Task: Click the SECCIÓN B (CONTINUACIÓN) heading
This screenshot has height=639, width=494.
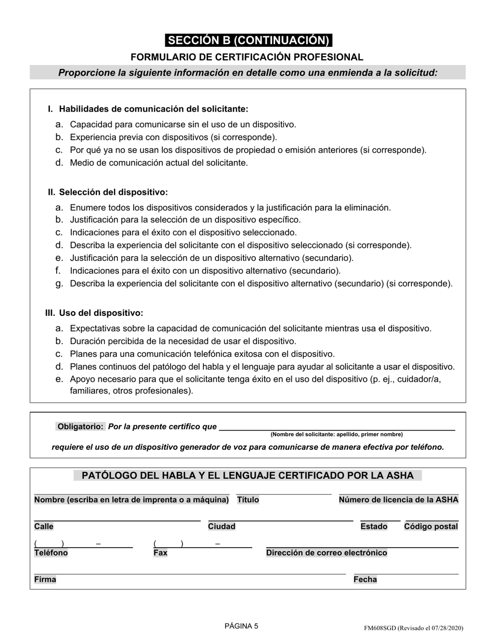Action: point(248,41)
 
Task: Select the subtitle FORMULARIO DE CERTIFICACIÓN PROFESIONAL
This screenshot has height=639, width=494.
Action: point(247,57)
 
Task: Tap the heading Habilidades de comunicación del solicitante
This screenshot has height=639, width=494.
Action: point(153,109)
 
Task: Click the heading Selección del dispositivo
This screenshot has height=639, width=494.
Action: point(113,192)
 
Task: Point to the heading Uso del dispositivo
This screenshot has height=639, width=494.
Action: point(101,313)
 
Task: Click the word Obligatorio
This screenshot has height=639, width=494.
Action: point(81,427)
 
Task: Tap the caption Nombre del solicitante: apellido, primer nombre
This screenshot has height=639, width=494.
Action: point(336,434)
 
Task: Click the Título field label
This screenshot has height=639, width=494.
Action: point(248,500)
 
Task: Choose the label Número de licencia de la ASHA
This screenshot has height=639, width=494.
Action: point(398,500)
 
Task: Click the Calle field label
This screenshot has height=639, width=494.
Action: point(44,527)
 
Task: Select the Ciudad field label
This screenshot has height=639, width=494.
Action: point(222,527)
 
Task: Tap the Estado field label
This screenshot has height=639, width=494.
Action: point(374,527)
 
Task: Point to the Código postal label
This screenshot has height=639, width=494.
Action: point(431,527)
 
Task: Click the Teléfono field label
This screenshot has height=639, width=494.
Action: point(51,553)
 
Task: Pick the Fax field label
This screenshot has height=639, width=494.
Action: point(160,553)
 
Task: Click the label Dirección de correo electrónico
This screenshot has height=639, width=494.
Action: point(327,553)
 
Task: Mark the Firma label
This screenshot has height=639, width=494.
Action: point(45,579)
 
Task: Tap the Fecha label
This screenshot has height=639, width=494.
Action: point(365,579)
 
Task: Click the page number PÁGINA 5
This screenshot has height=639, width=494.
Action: point(241,626)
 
